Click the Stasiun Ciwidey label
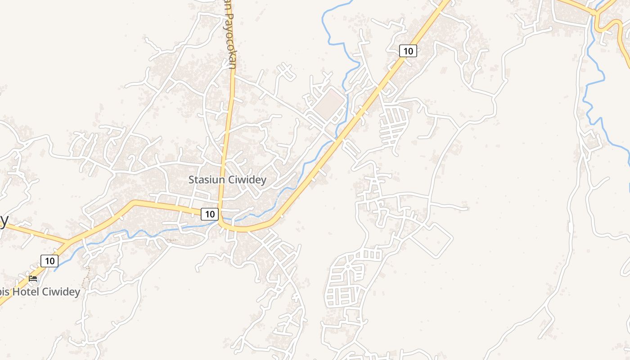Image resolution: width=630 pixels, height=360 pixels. tap(227, 180)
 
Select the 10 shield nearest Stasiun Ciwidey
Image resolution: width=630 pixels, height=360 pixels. tap(210, 214)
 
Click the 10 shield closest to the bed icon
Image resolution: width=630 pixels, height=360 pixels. tap(49, 261)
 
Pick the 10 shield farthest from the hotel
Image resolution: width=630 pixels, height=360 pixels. tap(408, 51)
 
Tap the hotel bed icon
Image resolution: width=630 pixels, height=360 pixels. tap(33, 279)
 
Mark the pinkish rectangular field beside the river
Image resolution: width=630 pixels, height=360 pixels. tap(329, 103)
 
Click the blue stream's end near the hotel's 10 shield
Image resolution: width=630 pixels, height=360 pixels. tap(55, 270)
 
